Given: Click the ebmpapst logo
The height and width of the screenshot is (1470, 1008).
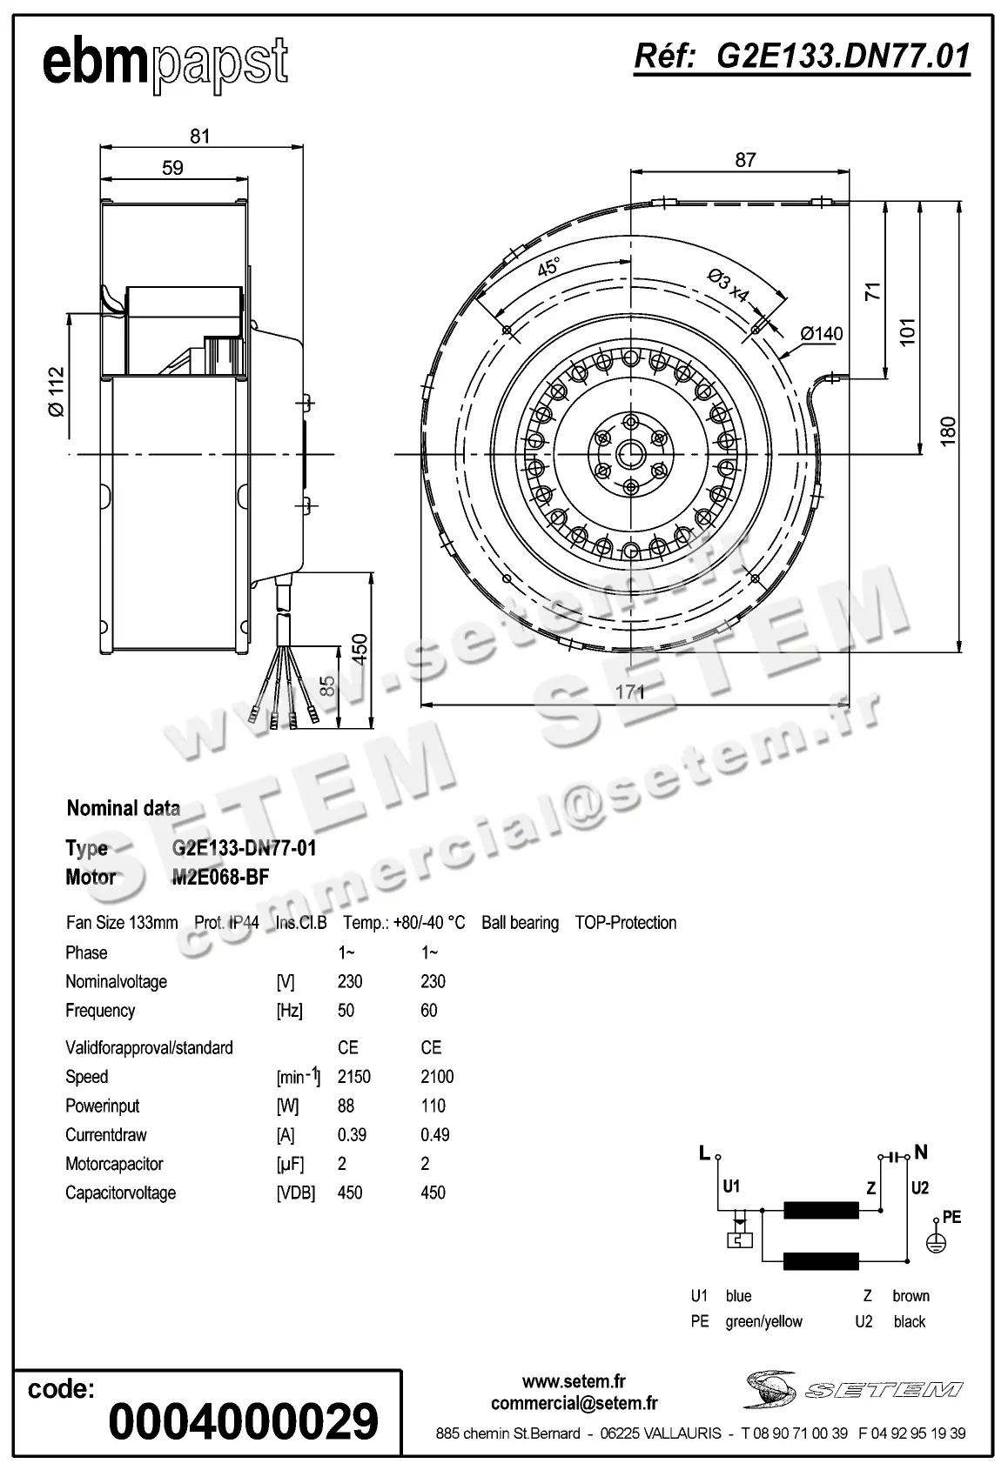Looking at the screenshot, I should click(165, 63).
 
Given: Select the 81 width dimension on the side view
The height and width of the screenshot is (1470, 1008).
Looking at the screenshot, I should click(200, 136).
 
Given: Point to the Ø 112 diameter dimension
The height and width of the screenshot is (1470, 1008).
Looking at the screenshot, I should click(57, 391).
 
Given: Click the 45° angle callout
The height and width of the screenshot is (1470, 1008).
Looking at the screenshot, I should click(548, 267).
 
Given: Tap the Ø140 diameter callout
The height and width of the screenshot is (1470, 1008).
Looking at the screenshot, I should click(821, 333).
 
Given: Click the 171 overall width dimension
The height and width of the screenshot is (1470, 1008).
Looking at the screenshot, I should click(630, 692).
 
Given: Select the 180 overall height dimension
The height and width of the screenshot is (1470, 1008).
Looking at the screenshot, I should click(948, 431).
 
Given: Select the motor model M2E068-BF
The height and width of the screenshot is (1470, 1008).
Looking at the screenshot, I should click(220, 877).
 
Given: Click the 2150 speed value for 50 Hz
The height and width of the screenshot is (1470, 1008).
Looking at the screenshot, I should click(354, 1077).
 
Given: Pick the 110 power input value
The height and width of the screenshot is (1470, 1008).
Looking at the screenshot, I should click(433, 1106).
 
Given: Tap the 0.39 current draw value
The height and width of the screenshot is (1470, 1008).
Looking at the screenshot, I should click(352, 1134).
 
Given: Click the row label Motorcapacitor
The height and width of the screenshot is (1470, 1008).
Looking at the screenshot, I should click(114, 1164).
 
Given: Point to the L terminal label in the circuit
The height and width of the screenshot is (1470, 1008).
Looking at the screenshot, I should click(704, 1153).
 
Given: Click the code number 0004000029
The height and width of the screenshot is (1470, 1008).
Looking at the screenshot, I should click(244, 1422).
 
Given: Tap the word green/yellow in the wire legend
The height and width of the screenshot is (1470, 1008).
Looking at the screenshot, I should click(763, 1321).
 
